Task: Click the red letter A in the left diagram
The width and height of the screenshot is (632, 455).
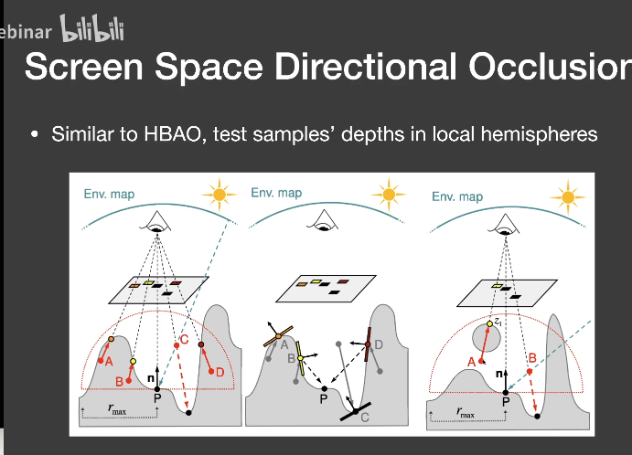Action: tap(108, 361)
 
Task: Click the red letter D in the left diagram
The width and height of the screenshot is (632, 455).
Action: tap(219, 372)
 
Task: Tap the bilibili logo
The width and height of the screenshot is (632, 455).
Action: tap(91, 28)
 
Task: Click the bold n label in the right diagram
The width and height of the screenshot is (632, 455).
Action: tap(498, 374)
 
